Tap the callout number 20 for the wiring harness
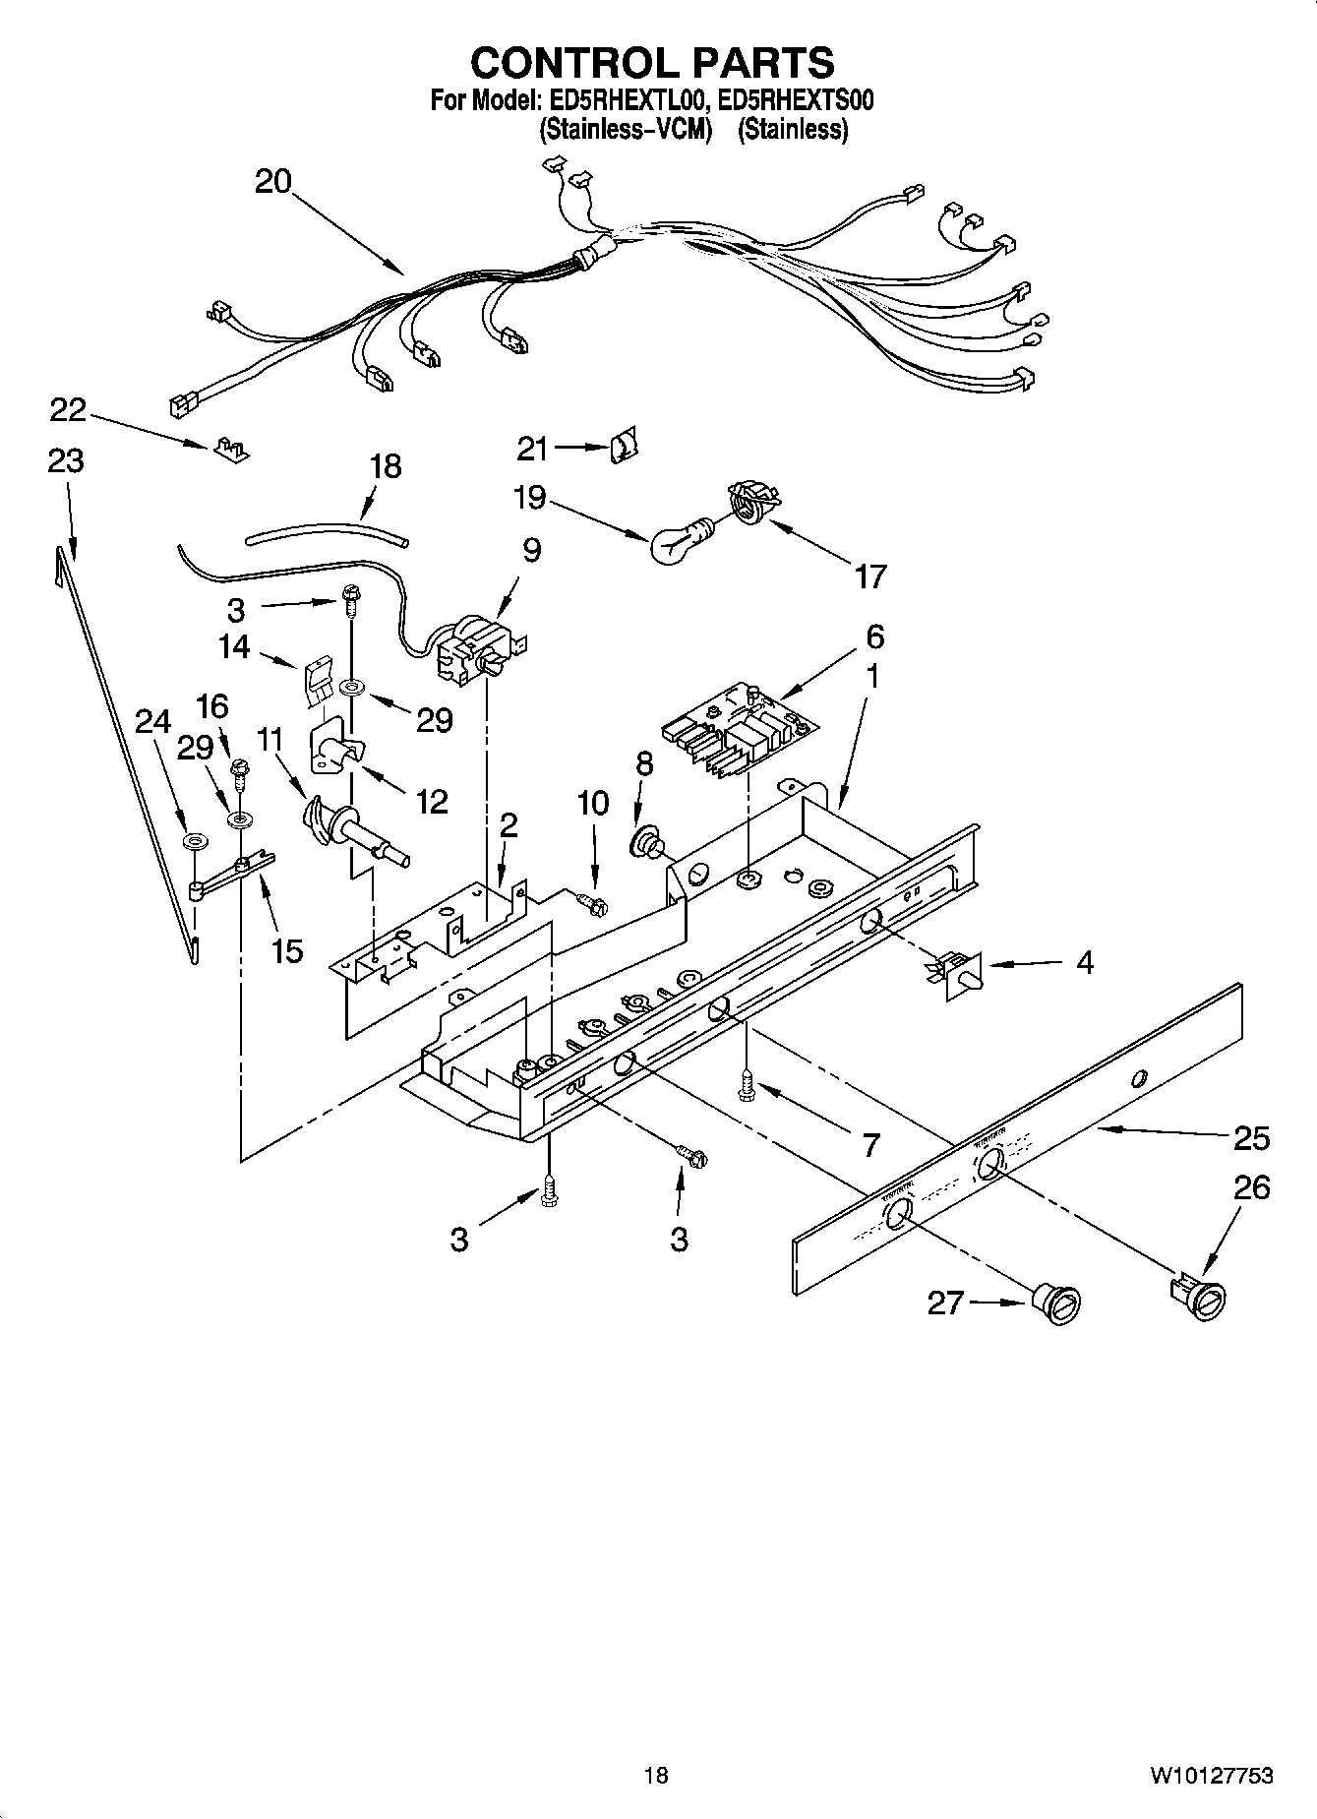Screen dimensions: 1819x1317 (x=272, y=182)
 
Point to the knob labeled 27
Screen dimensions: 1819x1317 (x=1057, y=1304)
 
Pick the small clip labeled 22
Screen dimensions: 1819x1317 (x=228, y=449)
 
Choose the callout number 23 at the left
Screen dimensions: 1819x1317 (x=66, y=460)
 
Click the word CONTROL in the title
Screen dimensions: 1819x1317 (x=567, y=63)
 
